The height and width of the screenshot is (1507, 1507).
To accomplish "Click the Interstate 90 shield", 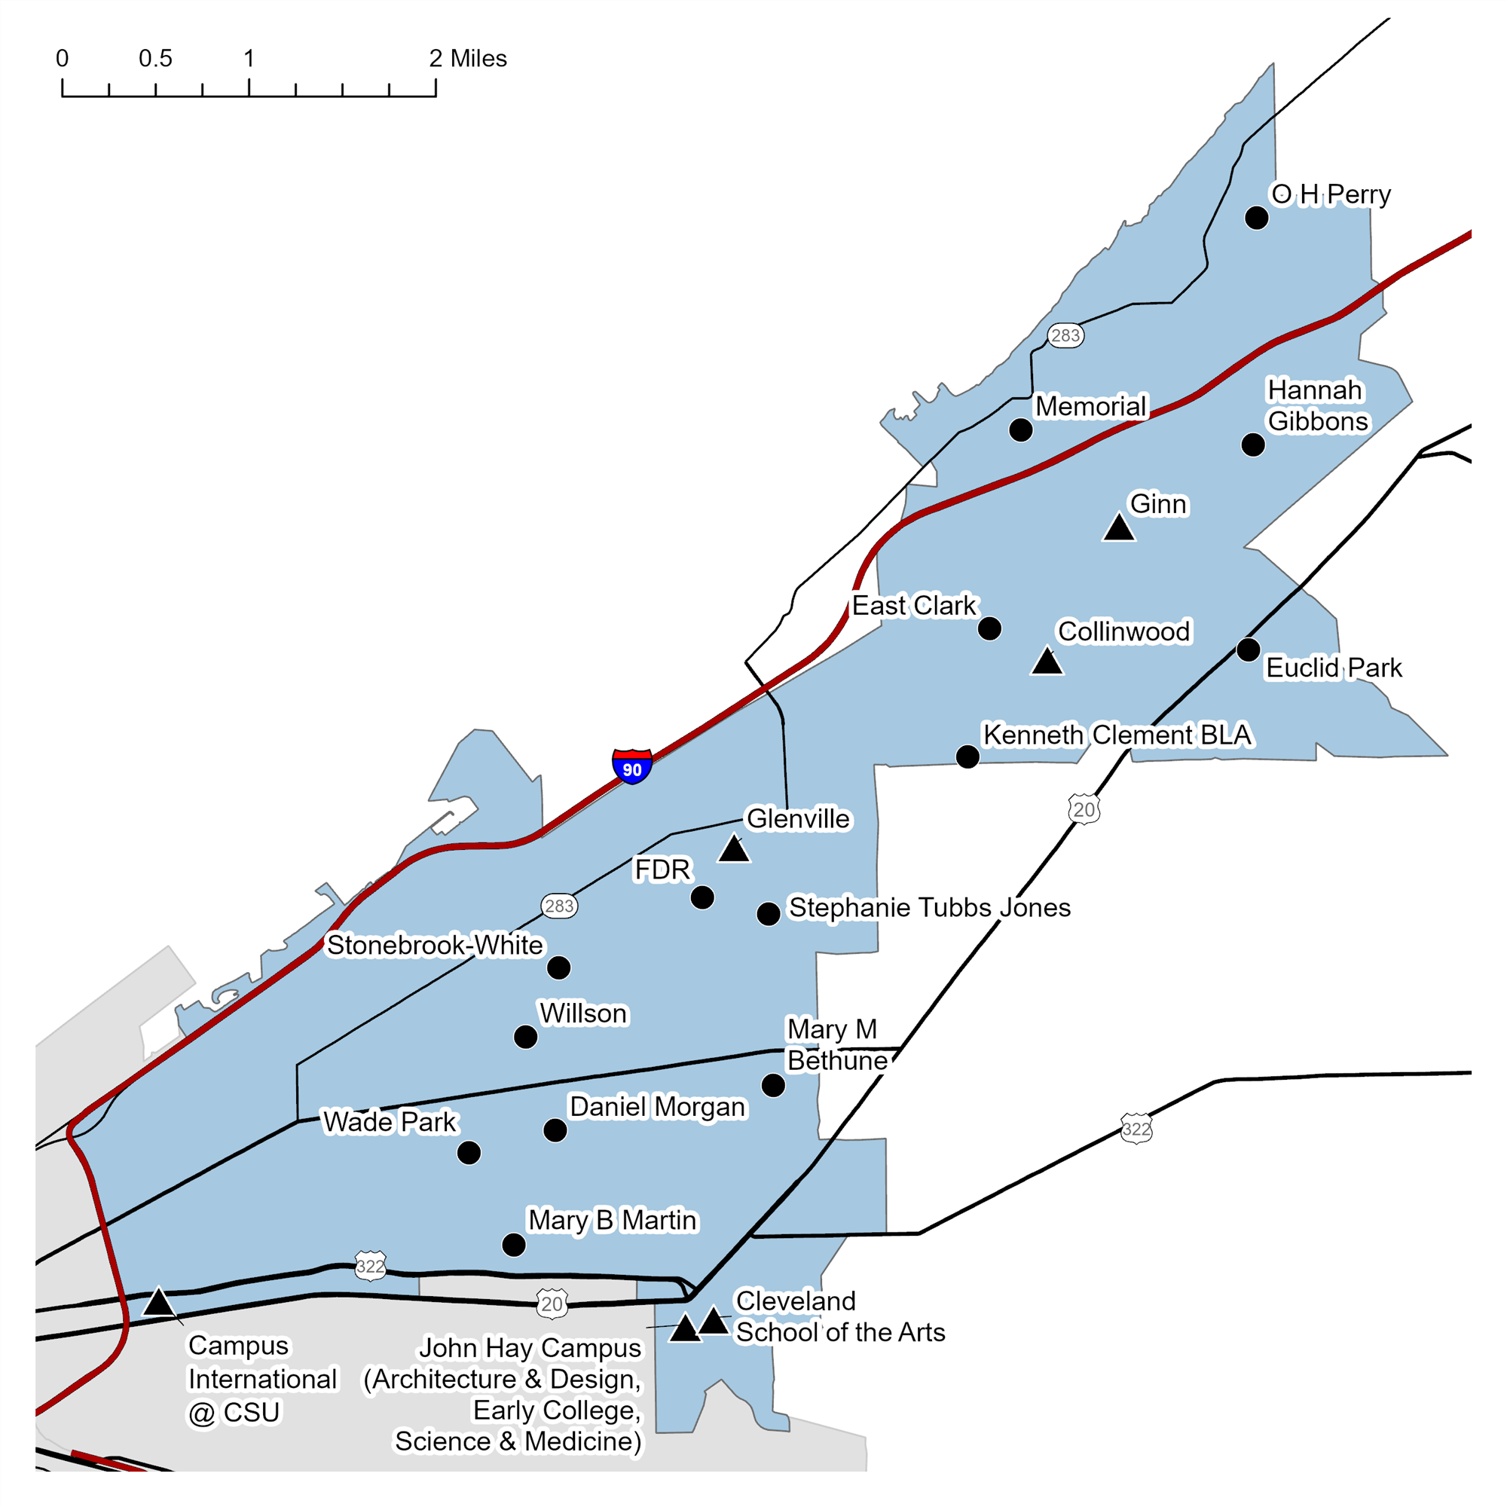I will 632,767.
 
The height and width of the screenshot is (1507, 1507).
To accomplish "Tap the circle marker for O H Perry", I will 1256,218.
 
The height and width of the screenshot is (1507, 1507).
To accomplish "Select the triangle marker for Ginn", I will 1118,530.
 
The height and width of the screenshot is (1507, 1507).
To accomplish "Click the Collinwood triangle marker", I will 1047,662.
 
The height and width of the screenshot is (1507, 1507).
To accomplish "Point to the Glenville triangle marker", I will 733,849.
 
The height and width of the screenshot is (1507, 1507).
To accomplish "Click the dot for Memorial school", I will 1020,429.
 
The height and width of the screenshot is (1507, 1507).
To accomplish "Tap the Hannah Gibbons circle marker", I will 1253,445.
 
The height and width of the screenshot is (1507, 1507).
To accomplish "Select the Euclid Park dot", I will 1248,649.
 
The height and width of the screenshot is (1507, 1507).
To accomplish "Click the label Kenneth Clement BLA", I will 1117,735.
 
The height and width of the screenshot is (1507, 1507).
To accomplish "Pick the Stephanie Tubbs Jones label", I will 930,908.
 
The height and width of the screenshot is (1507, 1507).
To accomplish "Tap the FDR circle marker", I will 702,898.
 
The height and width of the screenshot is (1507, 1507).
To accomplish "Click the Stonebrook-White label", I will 435,946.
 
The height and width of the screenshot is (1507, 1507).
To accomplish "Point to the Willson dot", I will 526,1037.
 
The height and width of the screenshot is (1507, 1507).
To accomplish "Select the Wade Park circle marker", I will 469,1153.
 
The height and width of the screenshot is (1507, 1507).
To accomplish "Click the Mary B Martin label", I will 613,1220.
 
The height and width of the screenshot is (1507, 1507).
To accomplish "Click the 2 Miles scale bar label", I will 468,59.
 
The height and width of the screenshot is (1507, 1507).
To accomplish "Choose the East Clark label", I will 913,605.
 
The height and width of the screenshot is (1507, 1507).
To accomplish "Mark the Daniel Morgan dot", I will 555,1130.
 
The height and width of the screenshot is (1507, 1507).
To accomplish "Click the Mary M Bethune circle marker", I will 773,1085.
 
